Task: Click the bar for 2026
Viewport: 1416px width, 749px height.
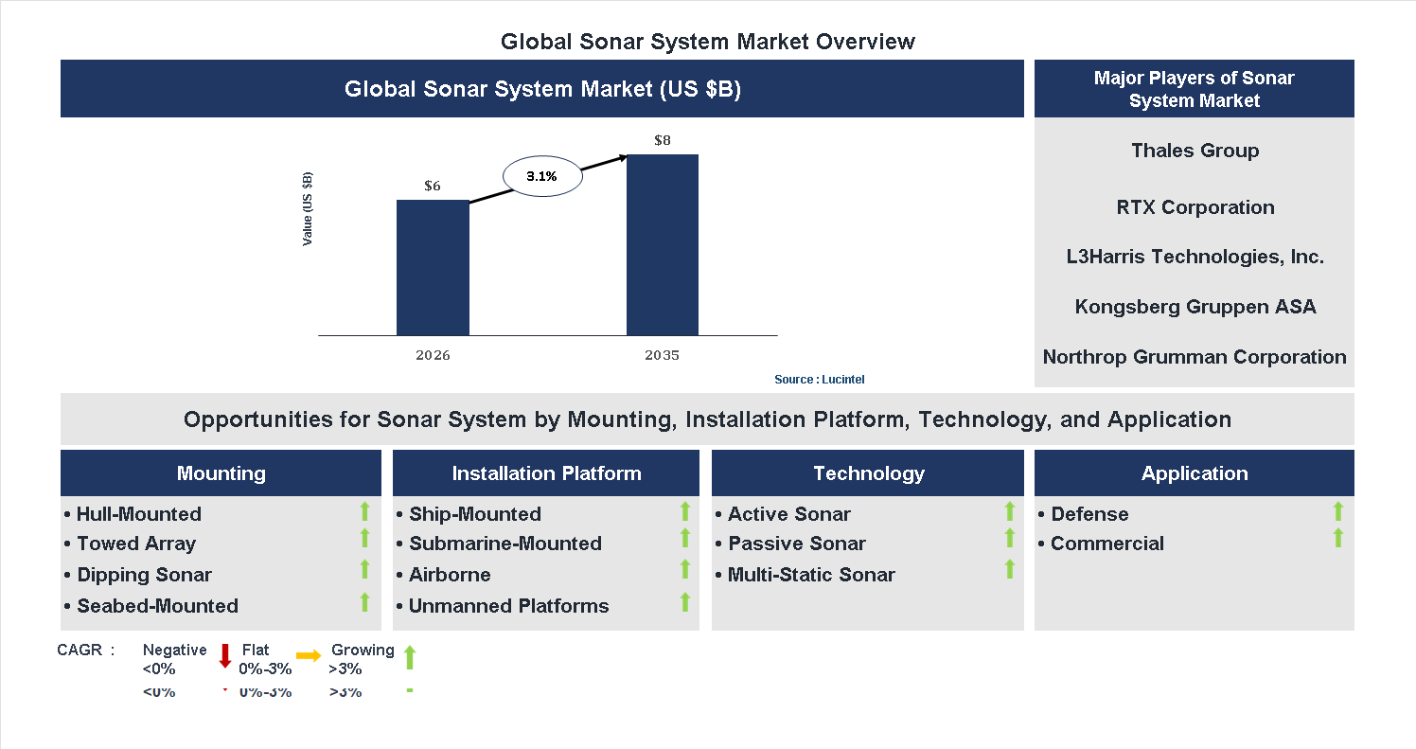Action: click(x=433, y=268)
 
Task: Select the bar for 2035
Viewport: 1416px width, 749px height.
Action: click(x=663, y=244)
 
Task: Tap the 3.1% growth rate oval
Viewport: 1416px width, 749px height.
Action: click(x=542, y=176)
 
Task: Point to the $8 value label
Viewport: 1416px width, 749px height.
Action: click(x=663, y=140)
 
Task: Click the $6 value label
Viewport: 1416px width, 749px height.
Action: click(x=433, y=186)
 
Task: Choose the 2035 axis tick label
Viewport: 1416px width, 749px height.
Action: click(x=663, y=356)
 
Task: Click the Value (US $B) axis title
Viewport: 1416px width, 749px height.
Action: click(x=308, y=209)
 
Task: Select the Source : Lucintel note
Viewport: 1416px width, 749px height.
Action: click(x=819, y=379)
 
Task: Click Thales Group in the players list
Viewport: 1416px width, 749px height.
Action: click(x=1195, y=151)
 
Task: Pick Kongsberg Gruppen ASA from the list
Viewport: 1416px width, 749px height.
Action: click(x=1195, y=307)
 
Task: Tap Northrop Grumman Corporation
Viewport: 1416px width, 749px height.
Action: click(x=1195, y=357)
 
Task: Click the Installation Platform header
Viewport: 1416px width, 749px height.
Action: click(x=546, y=473)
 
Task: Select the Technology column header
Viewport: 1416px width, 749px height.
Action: click(x=868, y=473)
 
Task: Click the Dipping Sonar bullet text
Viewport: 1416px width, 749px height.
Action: click(x=144, y=575)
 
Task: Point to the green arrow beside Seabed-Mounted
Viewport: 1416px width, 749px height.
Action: click(x=364, y=602)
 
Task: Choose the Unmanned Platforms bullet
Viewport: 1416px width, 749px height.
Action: click(x=508, y=606)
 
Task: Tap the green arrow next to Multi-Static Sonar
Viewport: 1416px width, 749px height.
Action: click(x=1010, y=570)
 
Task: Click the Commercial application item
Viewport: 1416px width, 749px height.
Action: click(x=1106, y=544)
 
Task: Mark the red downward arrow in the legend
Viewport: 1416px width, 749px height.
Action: click(x=225, y=655)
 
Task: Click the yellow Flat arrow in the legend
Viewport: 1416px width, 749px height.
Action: click(x=309, y=655)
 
